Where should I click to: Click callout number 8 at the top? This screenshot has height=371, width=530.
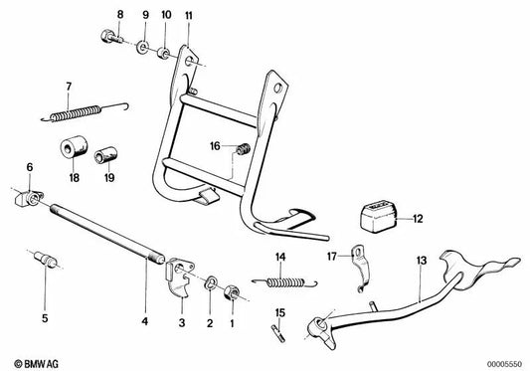pyautogui.click(x=120, y=15)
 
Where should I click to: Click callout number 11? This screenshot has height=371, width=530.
pyautogui.click(x=189, y=15)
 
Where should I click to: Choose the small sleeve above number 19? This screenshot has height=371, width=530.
pyautogui.click(x=104, y=157)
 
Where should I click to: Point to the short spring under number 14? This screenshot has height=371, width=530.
pyautogui.click(x=279, y=283)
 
